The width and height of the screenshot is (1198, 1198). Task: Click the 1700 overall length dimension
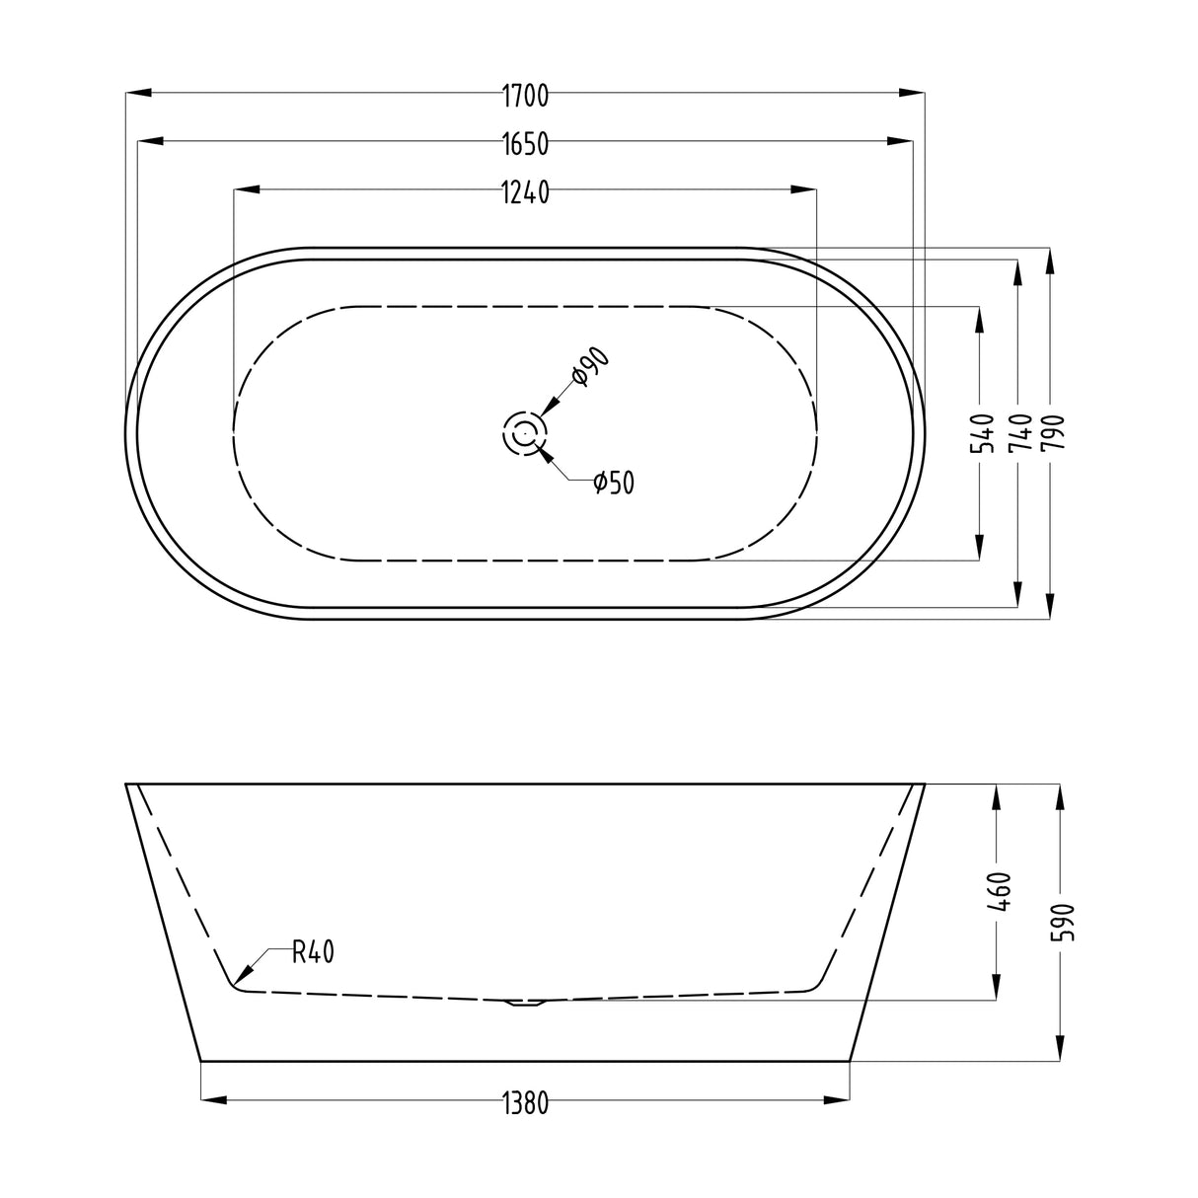coord(525,95)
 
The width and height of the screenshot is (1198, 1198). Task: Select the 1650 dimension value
coord(525,143)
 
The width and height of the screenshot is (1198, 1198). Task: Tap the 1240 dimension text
coord(525,191)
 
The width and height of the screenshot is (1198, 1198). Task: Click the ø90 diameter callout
coord(590,369)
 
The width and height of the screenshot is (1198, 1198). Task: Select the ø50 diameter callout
coord(613,483)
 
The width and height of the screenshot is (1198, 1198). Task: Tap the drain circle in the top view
coord(525,433)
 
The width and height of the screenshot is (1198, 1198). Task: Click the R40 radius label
coord(314,952)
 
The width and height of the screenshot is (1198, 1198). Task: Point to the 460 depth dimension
coord(997,892)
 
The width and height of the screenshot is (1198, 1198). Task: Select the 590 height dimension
coord(1061,922)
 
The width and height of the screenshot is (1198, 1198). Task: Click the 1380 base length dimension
coord(525,1102)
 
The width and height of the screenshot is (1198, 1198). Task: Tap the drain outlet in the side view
coord(525,1004)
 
